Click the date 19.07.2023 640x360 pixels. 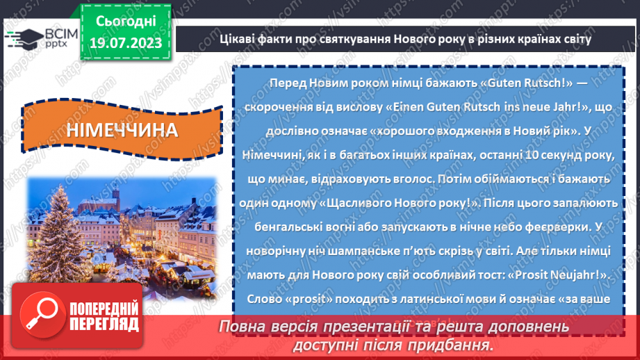coord(125,43)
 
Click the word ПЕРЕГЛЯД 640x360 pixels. coord(104,324)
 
